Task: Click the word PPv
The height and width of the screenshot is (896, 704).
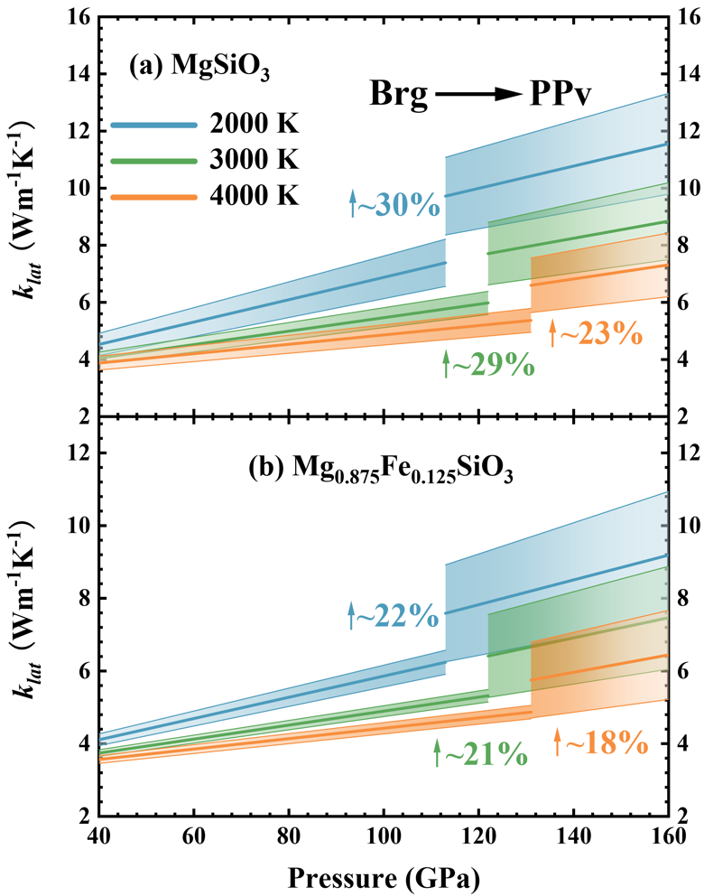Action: [557, 93]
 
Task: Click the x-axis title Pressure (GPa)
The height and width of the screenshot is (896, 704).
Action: [384, 876]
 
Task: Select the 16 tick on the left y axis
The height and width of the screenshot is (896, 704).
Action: [79, 16]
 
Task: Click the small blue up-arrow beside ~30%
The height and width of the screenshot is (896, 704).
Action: [354, 205]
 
